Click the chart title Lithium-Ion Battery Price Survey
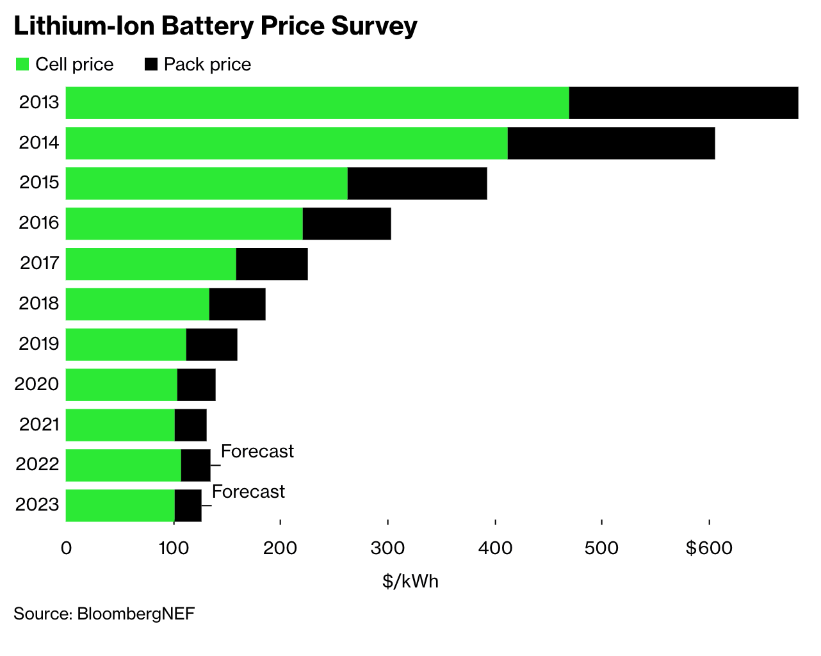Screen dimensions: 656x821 [x=215, y=26]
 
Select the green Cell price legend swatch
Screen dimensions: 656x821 [x=22, y=64]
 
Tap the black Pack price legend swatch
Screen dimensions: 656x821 [x=151, y=64]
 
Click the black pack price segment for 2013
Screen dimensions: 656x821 [x=683, y=102]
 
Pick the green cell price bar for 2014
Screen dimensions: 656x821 [x=286, y=143]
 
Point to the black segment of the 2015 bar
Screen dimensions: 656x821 [x=417, y=183]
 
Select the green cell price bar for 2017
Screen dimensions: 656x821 [x=150, y=264]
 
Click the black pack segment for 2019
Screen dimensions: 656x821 [x=211, y=345]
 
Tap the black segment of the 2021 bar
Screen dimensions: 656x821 [x=190, y=425]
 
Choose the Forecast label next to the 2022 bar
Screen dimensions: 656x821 [x=257, y=452]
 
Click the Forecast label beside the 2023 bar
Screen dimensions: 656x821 [x=248, y=492]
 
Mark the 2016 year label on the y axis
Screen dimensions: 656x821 [x=39, y=223]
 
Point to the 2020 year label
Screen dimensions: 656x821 [x=37, y=384]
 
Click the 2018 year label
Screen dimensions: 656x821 [x=39, y=304]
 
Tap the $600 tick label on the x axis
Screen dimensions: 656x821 [x=709, y=548]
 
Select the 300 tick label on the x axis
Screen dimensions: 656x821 [x=387, y=548]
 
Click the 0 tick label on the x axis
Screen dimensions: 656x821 [x=66, y=548]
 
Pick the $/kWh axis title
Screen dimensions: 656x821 [x=410, y=581]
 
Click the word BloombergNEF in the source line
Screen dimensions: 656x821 [x=136, y=614]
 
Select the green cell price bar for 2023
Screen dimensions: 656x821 [x=120, y=505]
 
